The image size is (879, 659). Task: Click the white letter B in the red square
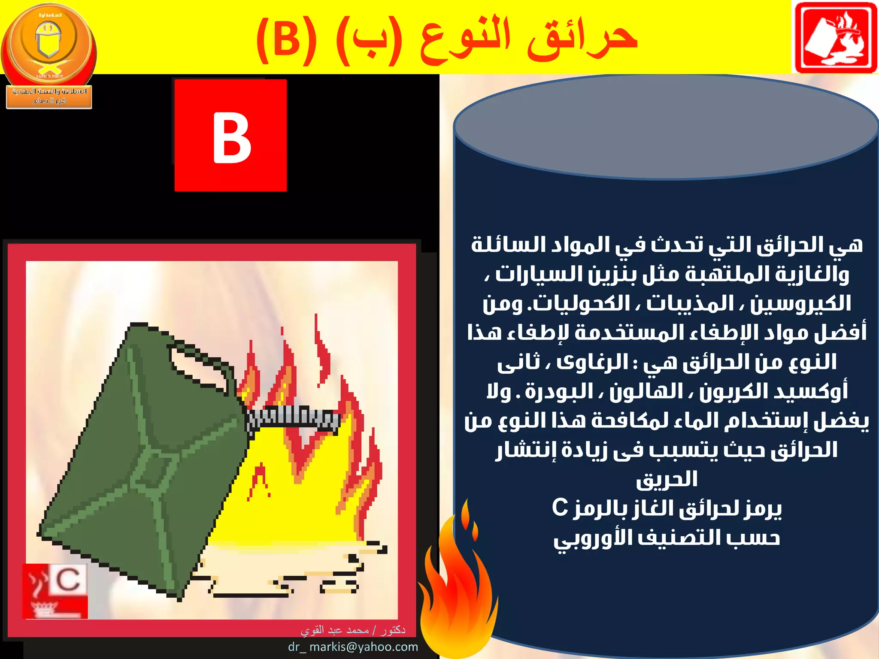click(231, 138)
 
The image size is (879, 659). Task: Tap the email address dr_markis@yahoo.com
click(353, 647)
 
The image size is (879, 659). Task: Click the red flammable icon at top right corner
click(835, 38)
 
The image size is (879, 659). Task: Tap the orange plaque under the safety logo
click(49, 96)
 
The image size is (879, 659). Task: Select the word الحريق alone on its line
click(667, 479)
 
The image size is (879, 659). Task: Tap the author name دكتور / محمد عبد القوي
click(353, 630)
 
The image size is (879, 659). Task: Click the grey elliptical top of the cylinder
click(665, 127)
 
